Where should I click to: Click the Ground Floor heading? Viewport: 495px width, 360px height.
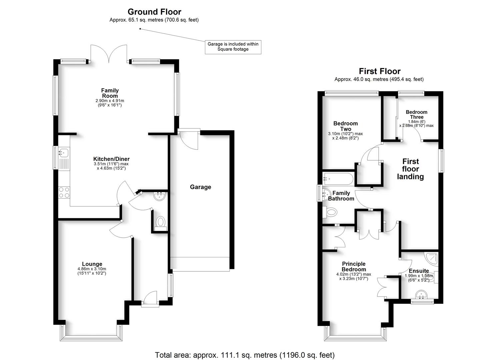coord(154,12)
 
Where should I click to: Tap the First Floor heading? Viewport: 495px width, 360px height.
coord(379,71)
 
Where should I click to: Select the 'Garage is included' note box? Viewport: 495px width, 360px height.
coord(233,47)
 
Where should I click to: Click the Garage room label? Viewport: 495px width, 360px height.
coord(200,187)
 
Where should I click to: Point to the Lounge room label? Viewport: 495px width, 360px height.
coord(92,264)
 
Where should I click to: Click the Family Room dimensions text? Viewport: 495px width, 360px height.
coord(110,103)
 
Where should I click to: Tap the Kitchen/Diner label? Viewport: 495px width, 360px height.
coord(111,159)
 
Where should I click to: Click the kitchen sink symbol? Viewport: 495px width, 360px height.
coord(63,153)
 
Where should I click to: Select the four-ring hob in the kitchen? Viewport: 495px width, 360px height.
coord(64,192)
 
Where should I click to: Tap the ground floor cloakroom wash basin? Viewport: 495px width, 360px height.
coord(159,196)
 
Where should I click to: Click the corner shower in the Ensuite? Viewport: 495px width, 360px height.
coord(432,257)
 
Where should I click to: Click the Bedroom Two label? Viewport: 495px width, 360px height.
coord(345,126)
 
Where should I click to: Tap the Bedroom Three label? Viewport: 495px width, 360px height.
coord(416,114)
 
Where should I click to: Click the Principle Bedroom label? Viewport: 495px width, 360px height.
coord(354,266)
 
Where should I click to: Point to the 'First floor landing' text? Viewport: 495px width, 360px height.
coord(410,169)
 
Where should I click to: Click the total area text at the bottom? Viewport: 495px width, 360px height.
coord(245,355)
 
